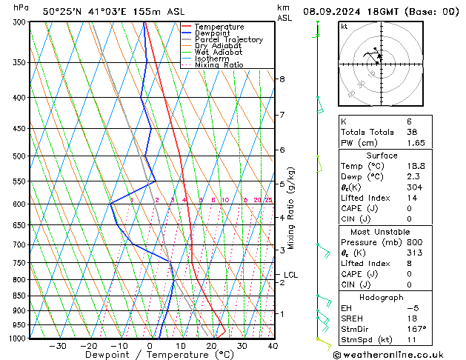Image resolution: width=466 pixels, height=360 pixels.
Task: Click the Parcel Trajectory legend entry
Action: click(x=228, y=39)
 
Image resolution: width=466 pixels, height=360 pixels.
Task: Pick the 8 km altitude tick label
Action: click(x=282, y=79)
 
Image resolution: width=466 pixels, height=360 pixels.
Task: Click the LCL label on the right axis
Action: click(x=290, y=275)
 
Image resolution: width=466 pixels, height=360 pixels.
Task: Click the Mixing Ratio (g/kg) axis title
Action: click(x=291, y=208)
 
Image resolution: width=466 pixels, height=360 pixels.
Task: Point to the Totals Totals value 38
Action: click(x=413, y=131)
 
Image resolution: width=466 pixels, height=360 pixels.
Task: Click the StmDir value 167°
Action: click(x=416, y=329)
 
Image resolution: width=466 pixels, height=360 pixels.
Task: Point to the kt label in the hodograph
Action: click(x=344, y=26)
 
